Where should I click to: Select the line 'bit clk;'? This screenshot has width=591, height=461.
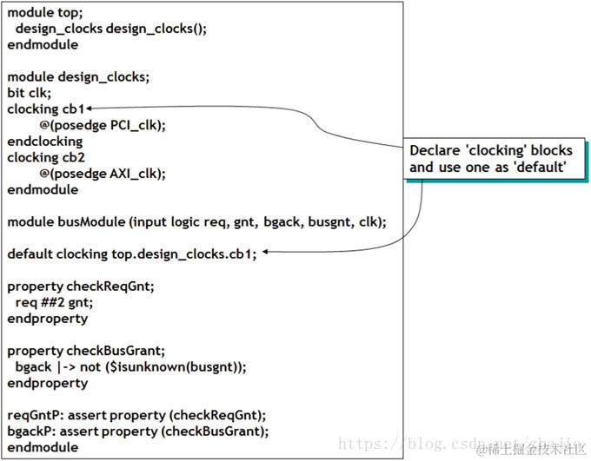30,93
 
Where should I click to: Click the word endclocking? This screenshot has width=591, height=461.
45,142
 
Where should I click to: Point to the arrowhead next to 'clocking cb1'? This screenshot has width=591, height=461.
90,109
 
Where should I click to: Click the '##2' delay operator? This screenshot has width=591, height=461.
54,302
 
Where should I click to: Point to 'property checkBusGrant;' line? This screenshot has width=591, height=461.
86,351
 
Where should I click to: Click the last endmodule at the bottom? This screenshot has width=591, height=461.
43,447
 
